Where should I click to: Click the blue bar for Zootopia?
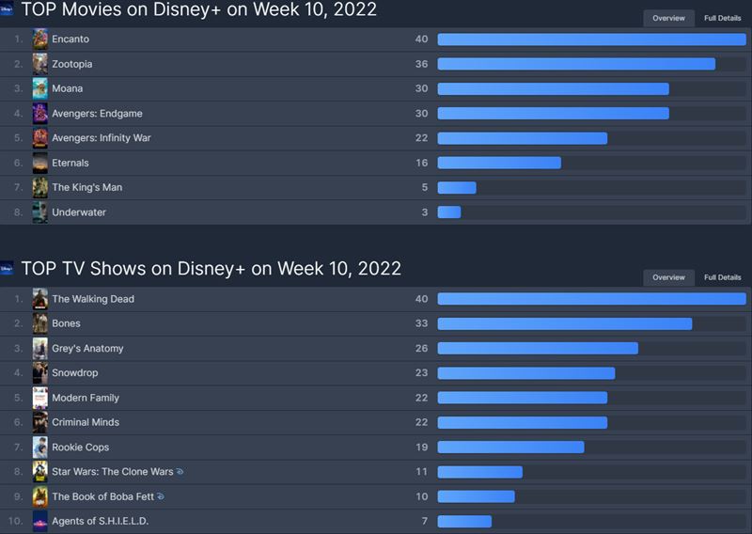point(575,64)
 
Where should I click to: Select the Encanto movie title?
point(70,39)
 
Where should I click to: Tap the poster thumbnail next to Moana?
point(40,88)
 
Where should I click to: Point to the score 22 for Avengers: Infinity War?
point(422,138)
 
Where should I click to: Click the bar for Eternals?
point(499,163)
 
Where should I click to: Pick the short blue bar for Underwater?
point(449,212)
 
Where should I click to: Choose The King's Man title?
point(86,187)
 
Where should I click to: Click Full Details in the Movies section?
point(722,18)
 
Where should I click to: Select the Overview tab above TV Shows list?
point(668,277)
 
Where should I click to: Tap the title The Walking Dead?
point(93,299)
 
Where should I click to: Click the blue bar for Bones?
point(564,323)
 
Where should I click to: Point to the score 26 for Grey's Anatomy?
point(422,349)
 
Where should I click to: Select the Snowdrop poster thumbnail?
point(40,373)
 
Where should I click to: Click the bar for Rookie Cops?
point(510,448)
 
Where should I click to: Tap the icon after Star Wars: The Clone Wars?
point(180,472)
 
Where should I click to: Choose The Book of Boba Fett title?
point(102,496)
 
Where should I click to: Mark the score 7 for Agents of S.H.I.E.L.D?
point(425,521)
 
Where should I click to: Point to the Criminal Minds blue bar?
point(522,422)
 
